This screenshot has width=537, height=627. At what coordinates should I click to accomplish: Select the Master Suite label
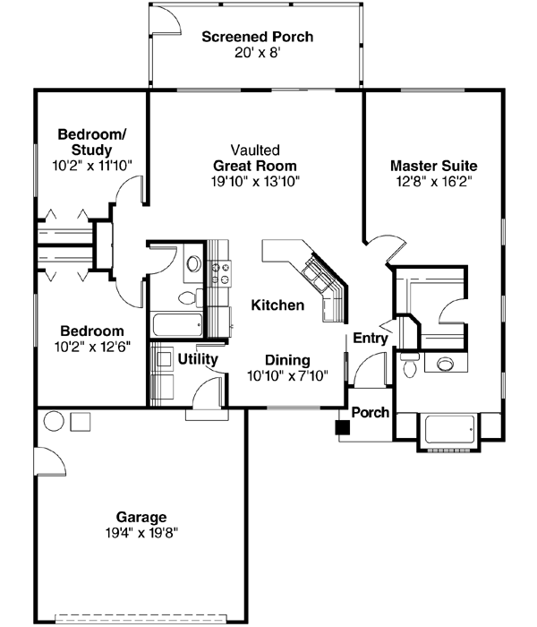433,166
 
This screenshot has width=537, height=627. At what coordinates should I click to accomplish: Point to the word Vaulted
254,150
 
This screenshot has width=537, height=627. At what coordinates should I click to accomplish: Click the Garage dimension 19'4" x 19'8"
141,532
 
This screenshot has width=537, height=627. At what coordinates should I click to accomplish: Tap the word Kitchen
277,305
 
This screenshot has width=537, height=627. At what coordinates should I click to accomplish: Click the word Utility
198,359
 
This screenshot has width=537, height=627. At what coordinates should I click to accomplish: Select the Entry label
370,338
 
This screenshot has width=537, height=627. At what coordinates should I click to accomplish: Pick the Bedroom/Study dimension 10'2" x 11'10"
92,166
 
